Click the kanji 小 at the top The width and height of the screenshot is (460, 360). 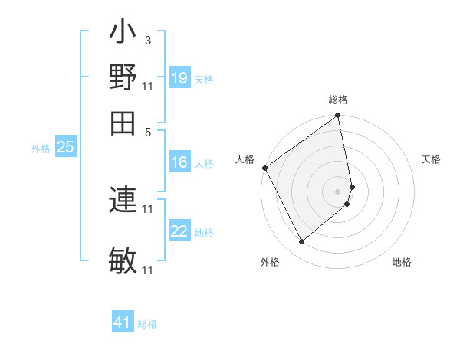(x=123, y=35)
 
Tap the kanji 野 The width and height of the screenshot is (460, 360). (x=123, y=78)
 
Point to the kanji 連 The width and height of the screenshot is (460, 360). (x=123, y=200)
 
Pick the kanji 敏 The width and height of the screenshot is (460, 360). (x=123, y=260)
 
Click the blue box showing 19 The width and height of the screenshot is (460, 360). (x=179, y=78)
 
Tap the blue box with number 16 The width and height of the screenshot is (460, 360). (x=179, y=162)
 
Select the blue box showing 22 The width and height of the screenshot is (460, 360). (x=179, y=231)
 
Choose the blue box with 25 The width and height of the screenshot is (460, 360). (x=65, y=147)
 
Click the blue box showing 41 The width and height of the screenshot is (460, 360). (x=123, y=322)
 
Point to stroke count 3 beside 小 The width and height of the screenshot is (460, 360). (x=147, y=40)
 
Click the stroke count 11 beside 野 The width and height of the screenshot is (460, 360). (x=148, y=86)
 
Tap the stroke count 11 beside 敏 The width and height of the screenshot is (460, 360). (x=148, y=270)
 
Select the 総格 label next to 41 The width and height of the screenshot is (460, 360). (x=147, y=324)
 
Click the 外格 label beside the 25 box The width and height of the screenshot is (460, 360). (x=40, y=149)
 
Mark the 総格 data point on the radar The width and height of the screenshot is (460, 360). (x=338, y=117)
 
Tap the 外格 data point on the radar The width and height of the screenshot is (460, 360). (x=301, y=241)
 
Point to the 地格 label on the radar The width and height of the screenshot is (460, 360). (x=402, y=263)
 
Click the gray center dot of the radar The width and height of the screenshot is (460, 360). (x=338, y=191)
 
